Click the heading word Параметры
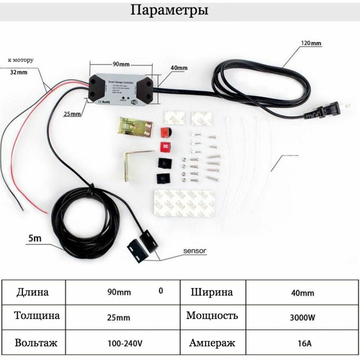tap(169, 10)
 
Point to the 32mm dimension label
tap(19, 72)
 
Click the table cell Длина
tap(32, 292)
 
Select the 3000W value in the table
tap(302, 318)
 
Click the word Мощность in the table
tap(212, 316)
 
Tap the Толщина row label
tap(37, 316)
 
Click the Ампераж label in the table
tap(212, 342)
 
